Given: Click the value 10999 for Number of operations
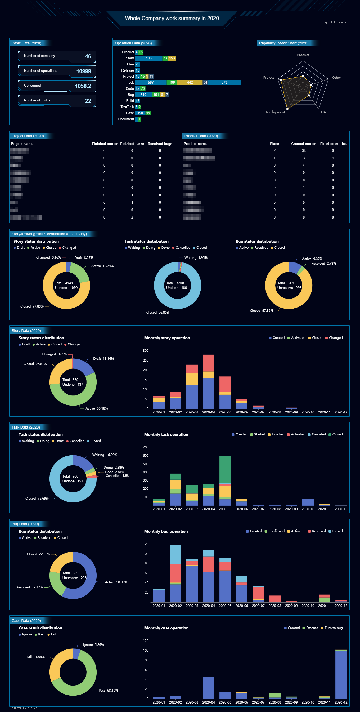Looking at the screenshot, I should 83,71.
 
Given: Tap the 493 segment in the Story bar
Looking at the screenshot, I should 149,58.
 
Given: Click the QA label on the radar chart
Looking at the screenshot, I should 323,112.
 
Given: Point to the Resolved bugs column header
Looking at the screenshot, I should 160,144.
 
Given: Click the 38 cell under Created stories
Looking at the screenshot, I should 303,151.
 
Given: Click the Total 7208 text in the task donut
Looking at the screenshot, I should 175,283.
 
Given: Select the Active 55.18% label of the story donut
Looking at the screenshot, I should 96,408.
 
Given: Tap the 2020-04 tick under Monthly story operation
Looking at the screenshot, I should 208,412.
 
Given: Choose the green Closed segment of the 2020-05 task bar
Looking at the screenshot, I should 225,469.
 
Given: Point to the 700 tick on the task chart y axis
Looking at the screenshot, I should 146,447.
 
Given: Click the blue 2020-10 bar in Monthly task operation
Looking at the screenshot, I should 308,502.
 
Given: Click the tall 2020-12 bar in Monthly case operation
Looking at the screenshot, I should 341,674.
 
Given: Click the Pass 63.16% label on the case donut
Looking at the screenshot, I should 108,691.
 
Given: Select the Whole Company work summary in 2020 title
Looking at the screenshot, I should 172,19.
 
